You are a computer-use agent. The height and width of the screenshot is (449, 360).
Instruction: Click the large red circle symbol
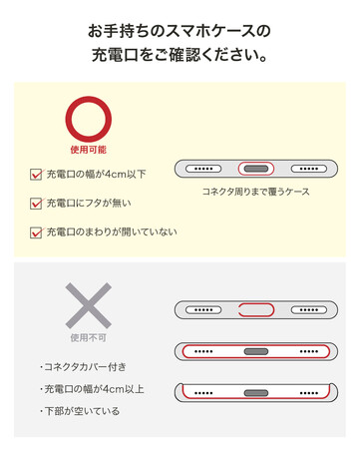(89, 100)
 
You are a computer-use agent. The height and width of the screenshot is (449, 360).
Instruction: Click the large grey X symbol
(89, 305)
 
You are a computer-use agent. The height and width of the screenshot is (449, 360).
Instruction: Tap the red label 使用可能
(89, 150)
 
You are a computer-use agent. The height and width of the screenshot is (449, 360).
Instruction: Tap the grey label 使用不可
(89, 338)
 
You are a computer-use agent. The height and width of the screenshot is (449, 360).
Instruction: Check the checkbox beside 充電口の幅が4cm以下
(36, 175)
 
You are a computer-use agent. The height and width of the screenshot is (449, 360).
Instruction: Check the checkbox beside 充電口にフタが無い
(36, 204)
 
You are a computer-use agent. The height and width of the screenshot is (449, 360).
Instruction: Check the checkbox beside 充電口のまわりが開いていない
(36, 232)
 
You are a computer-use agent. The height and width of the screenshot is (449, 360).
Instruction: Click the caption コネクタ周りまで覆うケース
(256, 192)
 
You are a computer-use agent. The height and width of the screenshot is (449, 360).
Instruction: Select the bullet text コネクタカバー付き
(85, 367)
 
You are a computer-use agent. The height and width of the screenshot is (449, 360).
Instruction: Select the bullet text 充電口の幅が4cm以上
(94, 389)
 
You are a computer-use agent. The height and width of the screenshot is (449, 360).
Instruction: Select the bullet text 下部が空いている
(82, 411)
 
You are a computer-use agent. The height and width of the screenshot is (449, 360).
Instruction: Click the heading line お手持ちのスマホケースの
(180, 31)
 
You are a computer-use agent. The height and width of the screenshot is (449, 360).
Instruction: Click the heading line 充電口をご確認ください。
(180, 55)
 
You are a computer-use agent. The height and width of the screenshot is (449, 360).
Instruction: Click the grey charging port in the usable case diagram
(256, 169)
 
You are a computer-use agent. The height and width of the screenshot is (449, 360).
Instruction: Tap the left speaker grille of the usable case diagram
(203, 169)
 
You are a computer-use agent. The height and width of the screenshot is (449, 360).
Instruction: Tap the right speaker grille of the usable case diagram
(309, 169)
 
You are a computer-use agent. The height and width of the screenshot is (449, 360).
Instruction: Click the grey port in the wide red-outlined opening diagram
(256, 351)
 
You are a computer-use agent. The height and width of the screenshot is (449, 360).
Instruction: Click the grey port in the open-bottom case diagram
(256, 393)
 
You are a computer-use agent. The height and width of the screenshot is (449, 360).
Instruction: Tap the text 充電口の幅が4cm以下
(96, 174)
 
